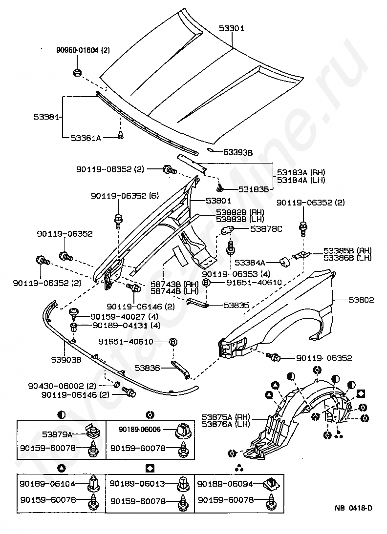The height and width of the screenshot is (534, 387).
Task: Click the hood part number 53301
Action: (232, 28)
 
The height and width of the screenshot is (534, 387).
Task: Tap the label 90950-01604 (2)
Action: (83, 50)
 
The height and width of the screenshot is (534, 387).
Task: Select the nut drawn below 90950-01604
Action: (77, 72)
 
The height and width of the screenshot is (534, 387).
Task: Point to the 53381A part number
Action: (86, 138)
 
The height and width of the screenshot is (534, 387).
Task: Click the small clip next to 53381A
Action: (120, 136)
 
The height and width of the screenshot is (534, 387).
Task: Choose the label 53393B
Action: (238, 153)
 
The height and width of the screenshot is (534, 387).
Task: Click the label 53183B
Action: (253, 189)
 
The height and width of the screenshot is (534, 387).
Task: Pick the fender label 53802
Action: (361, 300)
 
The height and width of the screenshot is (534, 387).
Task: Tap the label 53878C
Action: (266, 229)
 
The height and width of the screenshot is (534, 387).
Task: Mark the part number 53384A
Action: (250, 263)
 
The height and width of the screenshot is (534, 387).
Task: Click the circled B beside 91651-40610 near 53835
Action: (206, 282)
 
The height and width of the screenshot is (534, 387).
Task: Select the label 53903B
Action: (66, 360)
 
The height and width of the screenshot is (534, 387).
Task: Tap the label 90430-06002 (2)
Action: (62, 386)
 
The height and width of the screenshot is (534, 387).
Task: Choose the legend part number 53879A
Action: (57, 434)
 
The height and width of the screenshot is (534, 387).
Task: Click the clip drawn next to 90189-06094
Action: (272, 483)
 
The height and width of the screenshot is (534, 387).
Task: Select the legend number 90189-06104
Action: (47, 483)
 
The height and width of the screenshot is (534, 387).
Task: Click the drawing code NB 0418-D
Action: (353, 508)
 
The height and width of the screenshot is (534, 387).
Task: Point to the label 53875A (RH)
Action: (226, 417)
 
